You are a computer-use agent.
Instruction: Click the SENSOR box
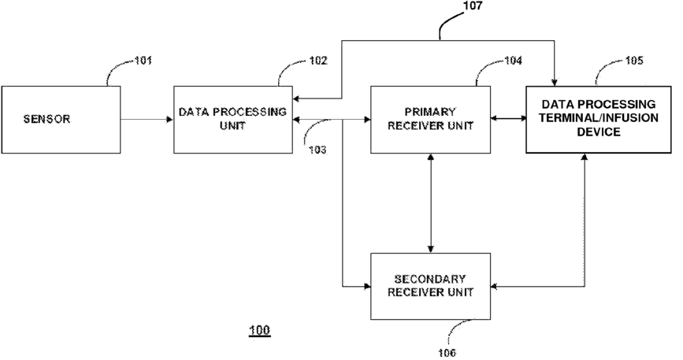[x=61, y=120]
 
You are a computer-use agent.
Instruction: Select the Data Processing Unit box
[x=233, y=120]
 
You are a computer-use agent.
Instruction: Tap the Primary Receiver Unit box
[x=430, y=120]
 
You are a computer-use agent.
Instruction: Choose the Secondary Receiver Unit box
[x=430, y=287]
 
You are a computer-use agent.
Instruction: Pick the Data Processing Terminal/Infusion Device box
[x=599, y=120]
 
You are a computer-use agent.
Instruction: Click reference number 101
[x=143, y=61]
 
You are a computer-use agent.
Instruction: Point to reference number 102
[x=318, y=61]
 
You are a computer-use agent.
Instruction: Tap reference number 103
[x=317, y=150]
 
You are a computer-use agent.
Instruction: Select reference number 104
[x=513, y=61]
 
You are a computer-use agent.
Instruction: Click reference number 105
[x=634, y=61]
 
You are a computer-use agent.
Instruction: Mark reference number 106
[x=447, y=353]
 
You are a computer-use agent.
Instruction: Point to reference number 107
[x=473, y=6]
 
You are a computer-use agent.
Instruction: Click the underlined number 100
[x=259, y=330]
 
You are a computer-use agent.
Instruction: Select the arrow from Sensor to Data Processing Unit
[x=147, y=119]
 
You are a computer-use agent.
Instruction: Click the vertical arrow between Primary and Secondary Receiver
[x=430, y=203]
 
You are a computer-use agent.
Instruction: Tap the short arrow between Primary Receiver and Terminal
[x=508, y=118]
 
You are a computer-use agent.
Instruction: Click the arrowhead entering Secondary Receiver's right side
[x=494, y=287]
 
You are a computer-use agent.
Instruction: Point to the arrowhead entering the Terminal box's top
[x=554, y=83]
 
